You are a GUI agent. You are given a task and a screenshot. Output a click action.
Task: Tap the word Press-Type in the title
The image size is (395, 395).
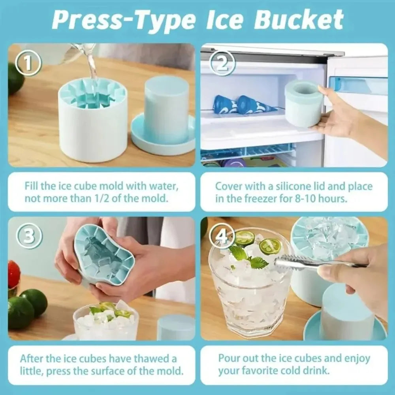[122, 20]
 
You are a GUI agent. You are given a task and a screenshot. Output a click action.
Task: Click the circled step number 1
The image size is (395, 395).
[28, 63]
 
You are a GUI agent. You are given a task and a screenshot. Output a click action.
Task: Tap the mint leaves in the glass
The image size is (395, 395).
[249, 257]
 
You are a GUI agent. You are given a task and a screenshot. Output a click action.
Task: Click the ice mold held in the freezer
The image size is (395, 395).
[304, 103]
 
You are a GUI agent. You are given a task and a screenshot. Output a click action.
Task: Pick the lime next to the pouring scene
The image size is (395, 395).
[16, 79]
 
